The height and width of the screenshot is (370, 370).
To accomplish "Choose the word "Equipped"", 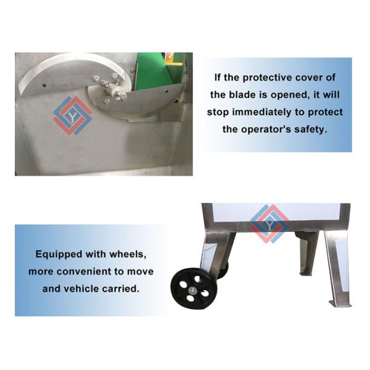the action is [59, 255].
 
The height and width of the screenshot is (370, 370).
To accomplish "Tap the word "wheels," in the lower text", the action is [128, 254].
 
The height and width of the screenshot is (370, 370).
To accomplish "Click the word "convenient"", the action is [84, 271].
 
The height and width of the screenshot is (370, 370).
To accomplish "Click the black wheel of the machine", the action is [194, 289].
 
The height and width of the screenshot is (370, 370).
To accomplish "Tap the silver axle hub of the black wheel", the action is [193, 290].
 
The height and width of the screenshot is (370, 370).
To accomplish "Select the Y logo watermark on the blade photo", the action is [73, 116].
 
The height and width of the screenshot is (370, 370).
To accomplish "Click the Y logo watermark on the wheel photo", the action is [269, 224].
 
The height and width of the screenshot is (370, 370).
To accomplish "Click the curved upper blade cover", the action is [71, 73].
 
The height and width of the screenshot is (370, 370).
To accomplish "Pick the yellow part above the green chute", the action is [173, 59].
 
